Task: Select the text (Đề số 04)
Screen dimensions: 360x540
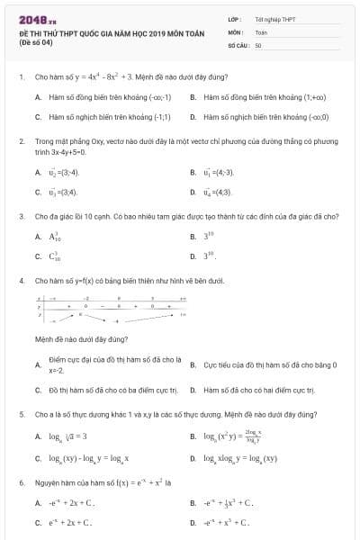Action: (33, 42)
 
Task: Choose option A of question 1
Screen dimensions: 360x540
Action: (110, 95)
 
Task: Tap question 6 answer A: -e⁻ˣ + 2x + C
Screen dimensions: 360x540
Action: (71, 503)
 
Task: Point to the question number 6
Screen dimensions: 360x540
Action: (21, 482)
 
